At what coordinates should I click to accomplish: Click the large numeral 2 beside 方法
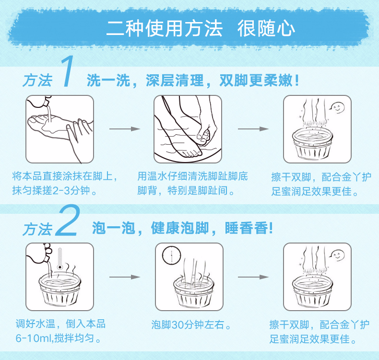point(67,221)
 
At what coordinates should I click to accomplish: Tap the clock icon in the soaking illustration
point(171,255)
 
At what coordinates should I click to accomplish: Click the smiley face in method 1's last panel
point(338,107)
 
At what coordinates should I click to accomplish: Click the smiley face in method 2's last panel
point(338,255)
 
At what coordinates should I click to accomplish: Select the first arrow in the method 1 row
point(124,129)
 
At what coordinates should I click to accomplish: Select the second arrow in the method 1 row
point(253,129)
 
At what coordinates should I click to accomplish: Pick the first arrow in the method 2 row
point(124,277)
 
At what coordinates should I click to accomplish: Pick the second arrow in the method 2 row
point(253,277)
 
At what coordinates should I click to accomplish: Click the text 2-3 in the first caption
point(61,191)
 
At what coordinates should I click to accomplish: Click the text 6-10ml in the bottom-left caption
point(34,338)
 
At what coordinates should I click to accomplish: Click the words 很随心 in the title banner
point(266,28)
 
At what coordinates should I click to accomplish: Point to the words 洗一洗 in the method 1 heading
point(109,81)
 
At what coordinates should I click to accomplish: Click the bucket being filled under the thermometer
point(59,290)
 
